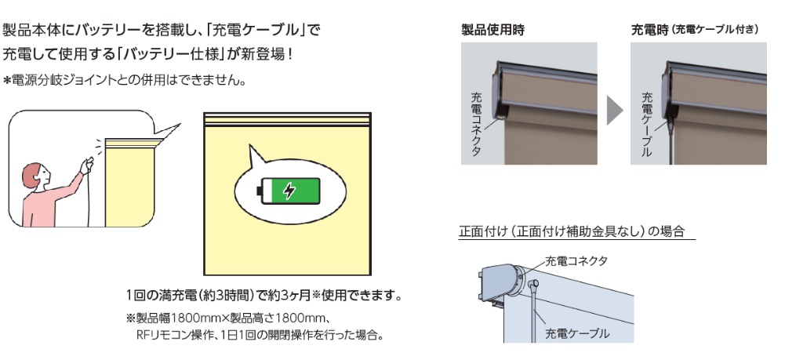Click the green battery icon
[x=289, y=190]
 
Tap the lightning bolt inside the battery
[x=289, y=190]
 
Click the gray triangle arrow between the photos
[x=615, y=113]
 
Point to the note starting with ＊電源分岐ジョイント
[x=125, y=81]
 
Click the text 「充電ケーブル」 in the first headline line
[x=263, y=30]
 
